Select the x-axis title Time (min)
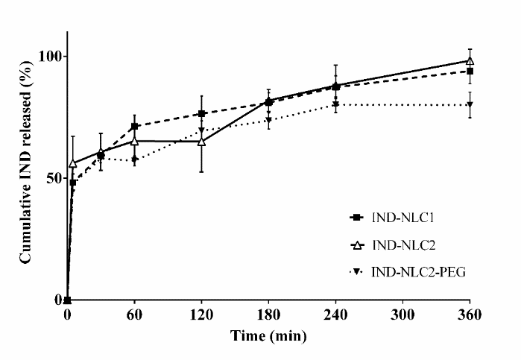pos(268,335)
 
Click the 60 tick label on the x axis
pos(134,315)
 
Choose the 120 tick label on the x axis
pos(201,315)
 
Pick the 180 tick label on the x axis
pos(268,315)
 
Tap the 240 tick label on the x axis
pos(335,315)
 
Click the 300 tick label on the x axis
pos(402,315)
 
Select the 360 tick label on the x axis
pos(470,315)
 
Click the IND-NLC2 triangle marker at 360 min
pos(470,61)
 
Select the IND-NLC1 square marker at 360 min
pos(470,71)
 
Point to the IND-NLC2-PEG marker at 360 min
pos(470,105)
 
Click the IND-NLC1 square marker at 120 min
pos(201,113)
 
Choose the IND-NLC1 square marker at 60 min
pos(134,126)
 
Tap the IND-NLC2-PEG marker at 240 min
pos(335,104)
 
